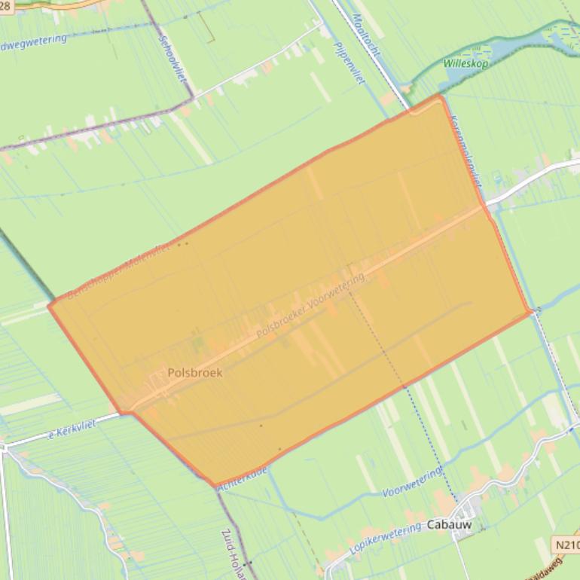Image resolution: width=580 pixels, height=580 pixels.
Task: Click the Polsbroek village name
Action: (195, 372)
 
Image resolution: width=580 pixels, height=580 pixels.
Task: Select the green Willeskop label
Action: (466, 64)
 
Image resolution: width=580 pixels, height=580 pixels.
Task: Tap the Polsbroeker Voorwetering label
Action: (310, 305)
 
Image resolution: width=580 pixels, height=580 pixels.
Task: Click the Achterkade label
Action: (242, 480)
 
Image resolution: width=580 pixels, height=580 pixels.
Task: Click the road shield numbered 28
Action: (6, 5)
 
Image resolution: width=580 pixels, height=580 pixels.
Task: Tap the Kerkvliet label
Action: (72, 430)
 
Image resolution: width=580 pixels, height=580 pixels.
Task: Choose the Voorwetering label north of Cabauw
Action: (412, 483)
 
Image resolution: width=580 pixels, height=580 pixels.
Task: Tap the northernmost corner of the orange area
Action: (440, 96)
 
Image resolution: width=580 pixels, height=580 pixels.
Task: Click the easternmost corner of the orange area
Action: (533, 310)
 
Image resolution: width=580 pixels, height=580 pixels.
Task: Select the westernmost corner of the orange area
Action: (49, 305)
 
